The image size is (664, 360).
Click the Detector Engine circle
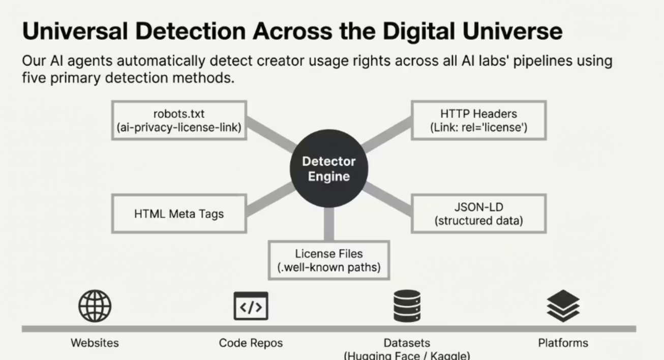[329, 169]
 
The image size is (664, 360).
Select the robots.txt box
[179, 120]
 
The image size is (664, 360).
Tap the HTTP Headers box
[478, 120]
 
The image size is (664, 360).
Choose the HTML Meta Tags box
[179, 214]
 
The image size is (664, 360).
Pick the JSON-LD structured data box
[478, 214]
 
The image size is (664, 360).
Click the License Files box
[329, 260]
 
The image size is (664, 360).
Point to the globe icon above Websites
[95, 306]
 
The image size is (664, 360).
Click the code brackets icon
[251, 306]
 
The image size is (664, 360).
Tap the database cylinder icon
[407, 306]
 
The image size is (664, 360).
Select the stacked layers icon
[563, 306]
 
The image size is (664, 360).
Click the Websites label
[95, 343]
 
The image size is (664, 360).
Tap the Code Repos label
[251, 343]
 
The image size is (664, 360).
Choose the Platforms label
[563, 343]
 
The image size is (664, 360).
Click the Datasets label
[407, 343]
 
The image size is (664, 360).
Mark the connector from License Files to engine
[329, 224]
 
